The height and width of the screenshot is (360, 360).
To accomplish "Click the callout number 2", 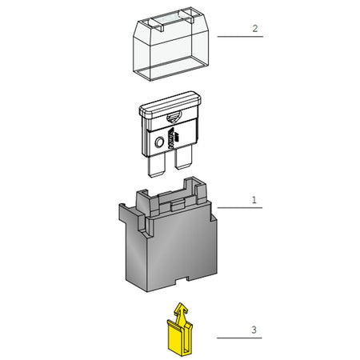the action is [x=255, y=29].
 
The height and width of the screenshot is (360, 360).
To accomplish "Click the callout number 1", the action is [x=254, y=200].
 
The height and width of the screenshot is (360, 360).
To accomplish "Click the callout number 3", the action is [x=254, y=330].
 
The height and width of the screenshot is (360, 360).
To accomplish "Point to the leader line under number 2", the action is [x=240, y=37].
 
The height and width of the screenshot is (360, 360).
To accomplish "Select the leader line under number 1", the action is [x=240, y=207].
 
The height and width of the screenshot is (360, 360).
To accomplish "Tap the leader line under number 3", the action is [x=239, y=338].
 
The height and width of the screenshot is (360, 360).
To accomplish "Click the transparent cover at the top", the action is [x=170, y=44].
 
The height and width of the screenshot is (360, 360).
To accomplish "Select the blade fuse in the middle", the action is [x=170, y=134].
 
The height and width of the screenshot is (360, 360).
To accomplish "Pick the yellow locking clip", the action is [x=179, y=330].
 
